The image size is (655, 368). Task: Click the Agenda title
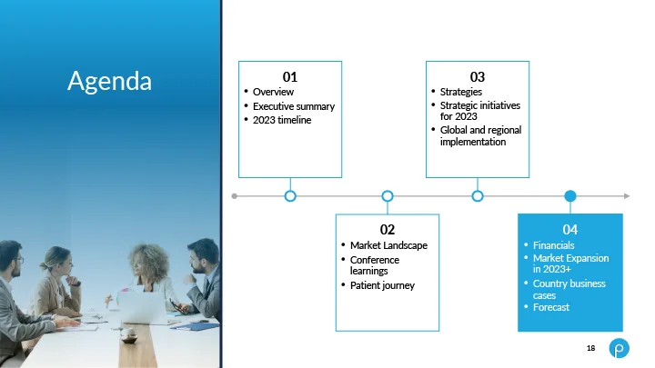(109, 81)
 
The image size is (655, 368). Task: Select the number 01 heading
(290, 76)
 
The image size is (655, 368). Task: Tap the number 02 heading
(388, 230)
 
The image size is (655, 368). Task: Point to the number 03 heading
(478, 76)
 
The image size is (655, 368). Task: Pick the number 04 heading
(570, 230)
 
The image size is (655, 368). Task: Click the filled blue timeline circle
(570, 195)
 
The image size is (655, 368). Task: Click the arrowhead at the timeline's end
(627, 195)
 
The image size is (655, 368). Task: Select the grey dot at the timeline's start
(235, 196)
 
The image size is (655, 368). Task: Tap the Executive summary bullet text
(294, 106)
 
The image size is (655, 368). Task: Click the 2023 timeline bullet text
(282, 120)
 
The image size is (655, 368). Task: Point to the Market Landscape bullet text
(388, 245)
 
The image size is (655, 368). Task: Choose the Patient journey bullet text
(382, 285)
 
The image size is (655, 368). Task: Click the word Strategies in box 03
(460, 92)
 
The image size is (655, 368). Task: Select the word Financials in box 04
(553, 245)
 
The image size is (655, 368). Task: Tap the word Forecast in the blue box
(551, 307)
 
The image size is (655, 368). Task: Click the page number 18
(590, 348)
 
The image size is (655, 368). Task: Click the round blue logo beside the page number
(620, 348)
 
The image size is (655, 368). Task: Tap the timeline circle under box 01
(290, 195)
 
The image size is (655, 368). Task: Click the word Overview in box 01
(273, 92)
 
